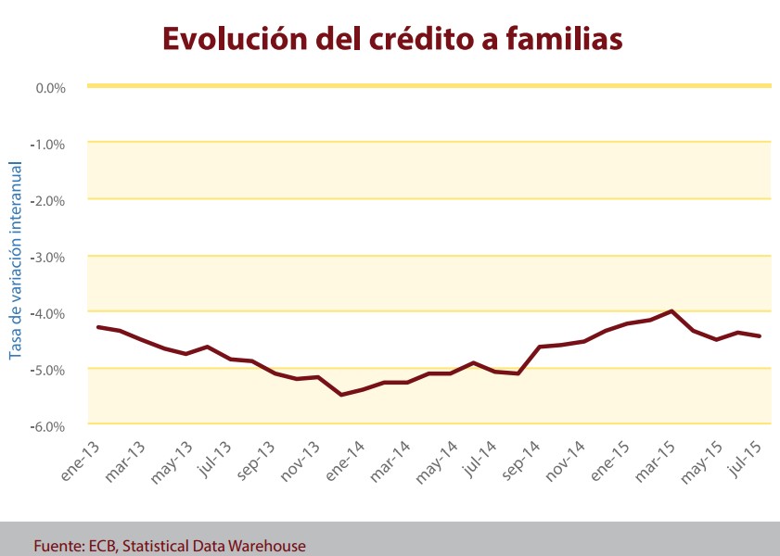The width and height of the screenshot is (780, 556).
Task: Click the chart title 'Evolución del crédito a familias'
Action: click(391, 39)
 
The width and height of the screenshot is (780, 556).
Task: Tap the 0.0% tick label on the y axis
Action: click(50, 88)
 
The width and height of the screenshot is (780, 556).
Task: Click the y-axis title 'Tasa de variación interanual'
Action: click(15, 259)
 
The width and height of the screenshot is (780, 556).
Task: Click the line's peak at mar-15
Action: click(671, 311)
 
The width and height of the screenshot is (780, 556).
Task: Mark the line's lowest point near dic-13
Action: click(341, 395)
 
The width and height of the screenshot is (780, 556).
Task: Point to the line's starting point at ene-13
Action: click(98, 327)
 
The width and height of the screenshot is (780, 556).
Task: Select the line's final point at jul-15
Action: click(761, 336)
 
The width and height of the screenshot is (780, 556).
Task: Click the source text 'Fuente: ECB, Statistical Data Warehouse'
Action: click(170, 546)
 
